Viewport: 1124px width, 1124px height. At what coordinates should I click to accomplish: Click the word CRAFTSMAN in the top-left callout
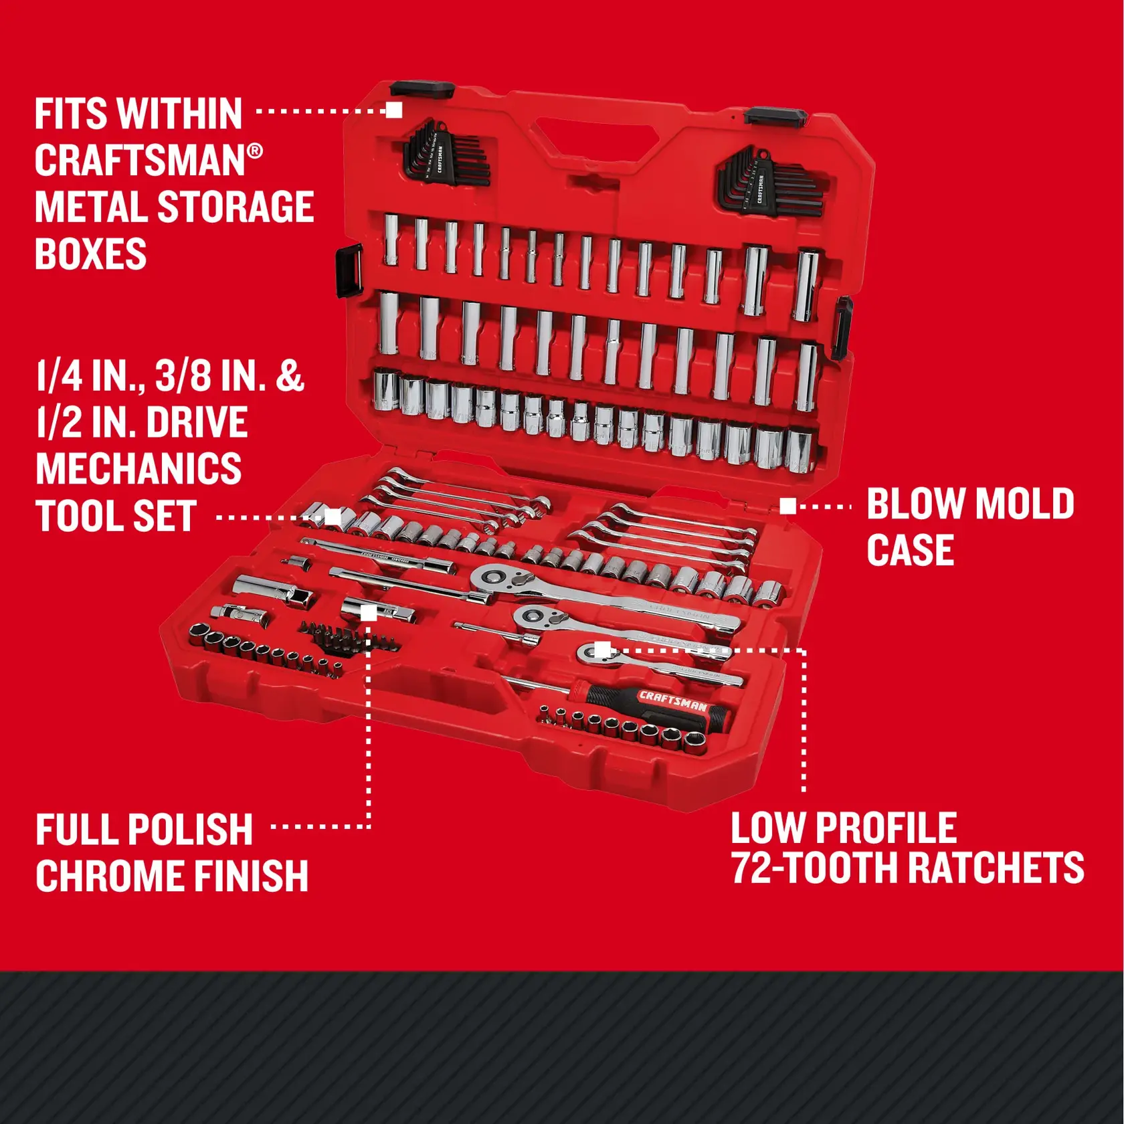pyautogui.click(x=140, y=161)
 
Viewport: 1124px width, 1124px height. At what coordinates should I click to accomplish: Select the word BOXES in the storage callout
pyautogui.click(x=90, y=254)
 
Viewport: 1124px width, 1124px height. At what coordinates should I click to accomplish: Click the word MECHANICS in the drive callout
pyautogui.click(x=138, y=469)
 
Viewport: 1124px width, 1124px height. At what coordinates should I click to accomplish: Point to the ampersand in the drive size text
pyautogui.click(x=289, y=375)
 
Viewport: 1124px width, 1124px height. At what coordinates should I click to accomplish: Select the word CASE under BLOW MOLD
pyautogui.click(x=910, y=551)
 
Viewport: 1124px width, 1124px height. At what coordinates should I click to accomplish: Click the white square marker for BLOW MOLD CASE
pyautogui.click(x=788, y=506)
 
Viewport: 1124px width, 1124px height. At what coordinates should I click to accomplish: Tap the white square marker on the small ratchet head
pyautogui.click(x=602, y=649)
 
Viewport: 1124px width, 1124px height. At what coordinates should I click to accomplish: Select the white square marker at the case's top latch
pyautogui.click(x=394, y=110)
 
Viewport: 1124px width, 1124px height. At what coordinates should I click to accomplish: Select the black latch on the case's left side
pyautogui.click(x=348, y=270)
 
